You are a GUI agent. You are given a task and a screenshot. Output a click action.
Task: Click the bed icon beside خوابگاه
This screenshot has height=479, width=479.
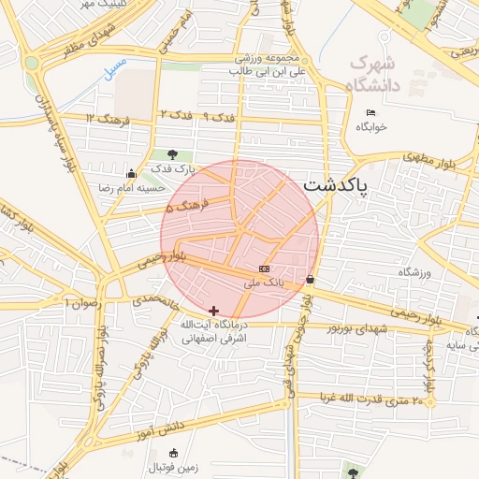[370, 112]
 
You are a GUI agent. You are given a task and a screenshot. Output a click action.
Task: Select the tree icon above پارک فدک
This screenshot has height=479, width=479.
[171, 154]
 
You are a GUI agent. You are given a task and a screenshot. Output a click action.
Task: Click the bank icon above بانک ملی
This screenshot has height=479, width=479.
[264, 269]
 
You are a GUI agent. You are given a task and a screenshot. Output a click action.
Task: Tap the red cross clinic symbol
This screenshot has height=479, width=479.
[214, 311]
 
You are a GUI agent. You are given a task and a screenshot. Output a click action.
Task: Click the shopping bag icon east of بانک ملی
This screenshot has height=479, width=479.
[310, 279]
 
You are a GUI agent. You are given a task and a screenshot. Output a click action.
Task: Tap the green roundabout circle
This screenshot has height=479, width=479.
[33, 63]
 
